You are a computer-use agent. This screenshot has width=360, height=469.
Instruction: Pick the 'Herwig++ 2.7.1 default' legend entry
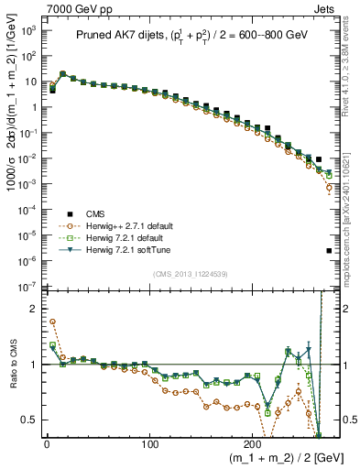133,225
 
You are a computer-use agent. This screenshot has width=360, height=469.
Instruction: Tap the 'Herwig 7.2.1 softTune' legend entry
133,251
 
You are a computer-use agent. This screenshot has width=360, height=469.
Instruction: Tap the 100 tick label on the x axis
150,444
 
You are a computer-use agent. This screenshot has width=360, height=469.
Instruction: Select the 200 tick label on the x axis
254,444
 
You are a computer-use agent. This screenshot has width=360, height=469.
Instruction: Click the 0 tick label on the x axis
46,444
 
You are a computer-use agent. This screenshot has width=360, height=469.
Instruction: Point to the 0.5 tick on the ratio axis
30,420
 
